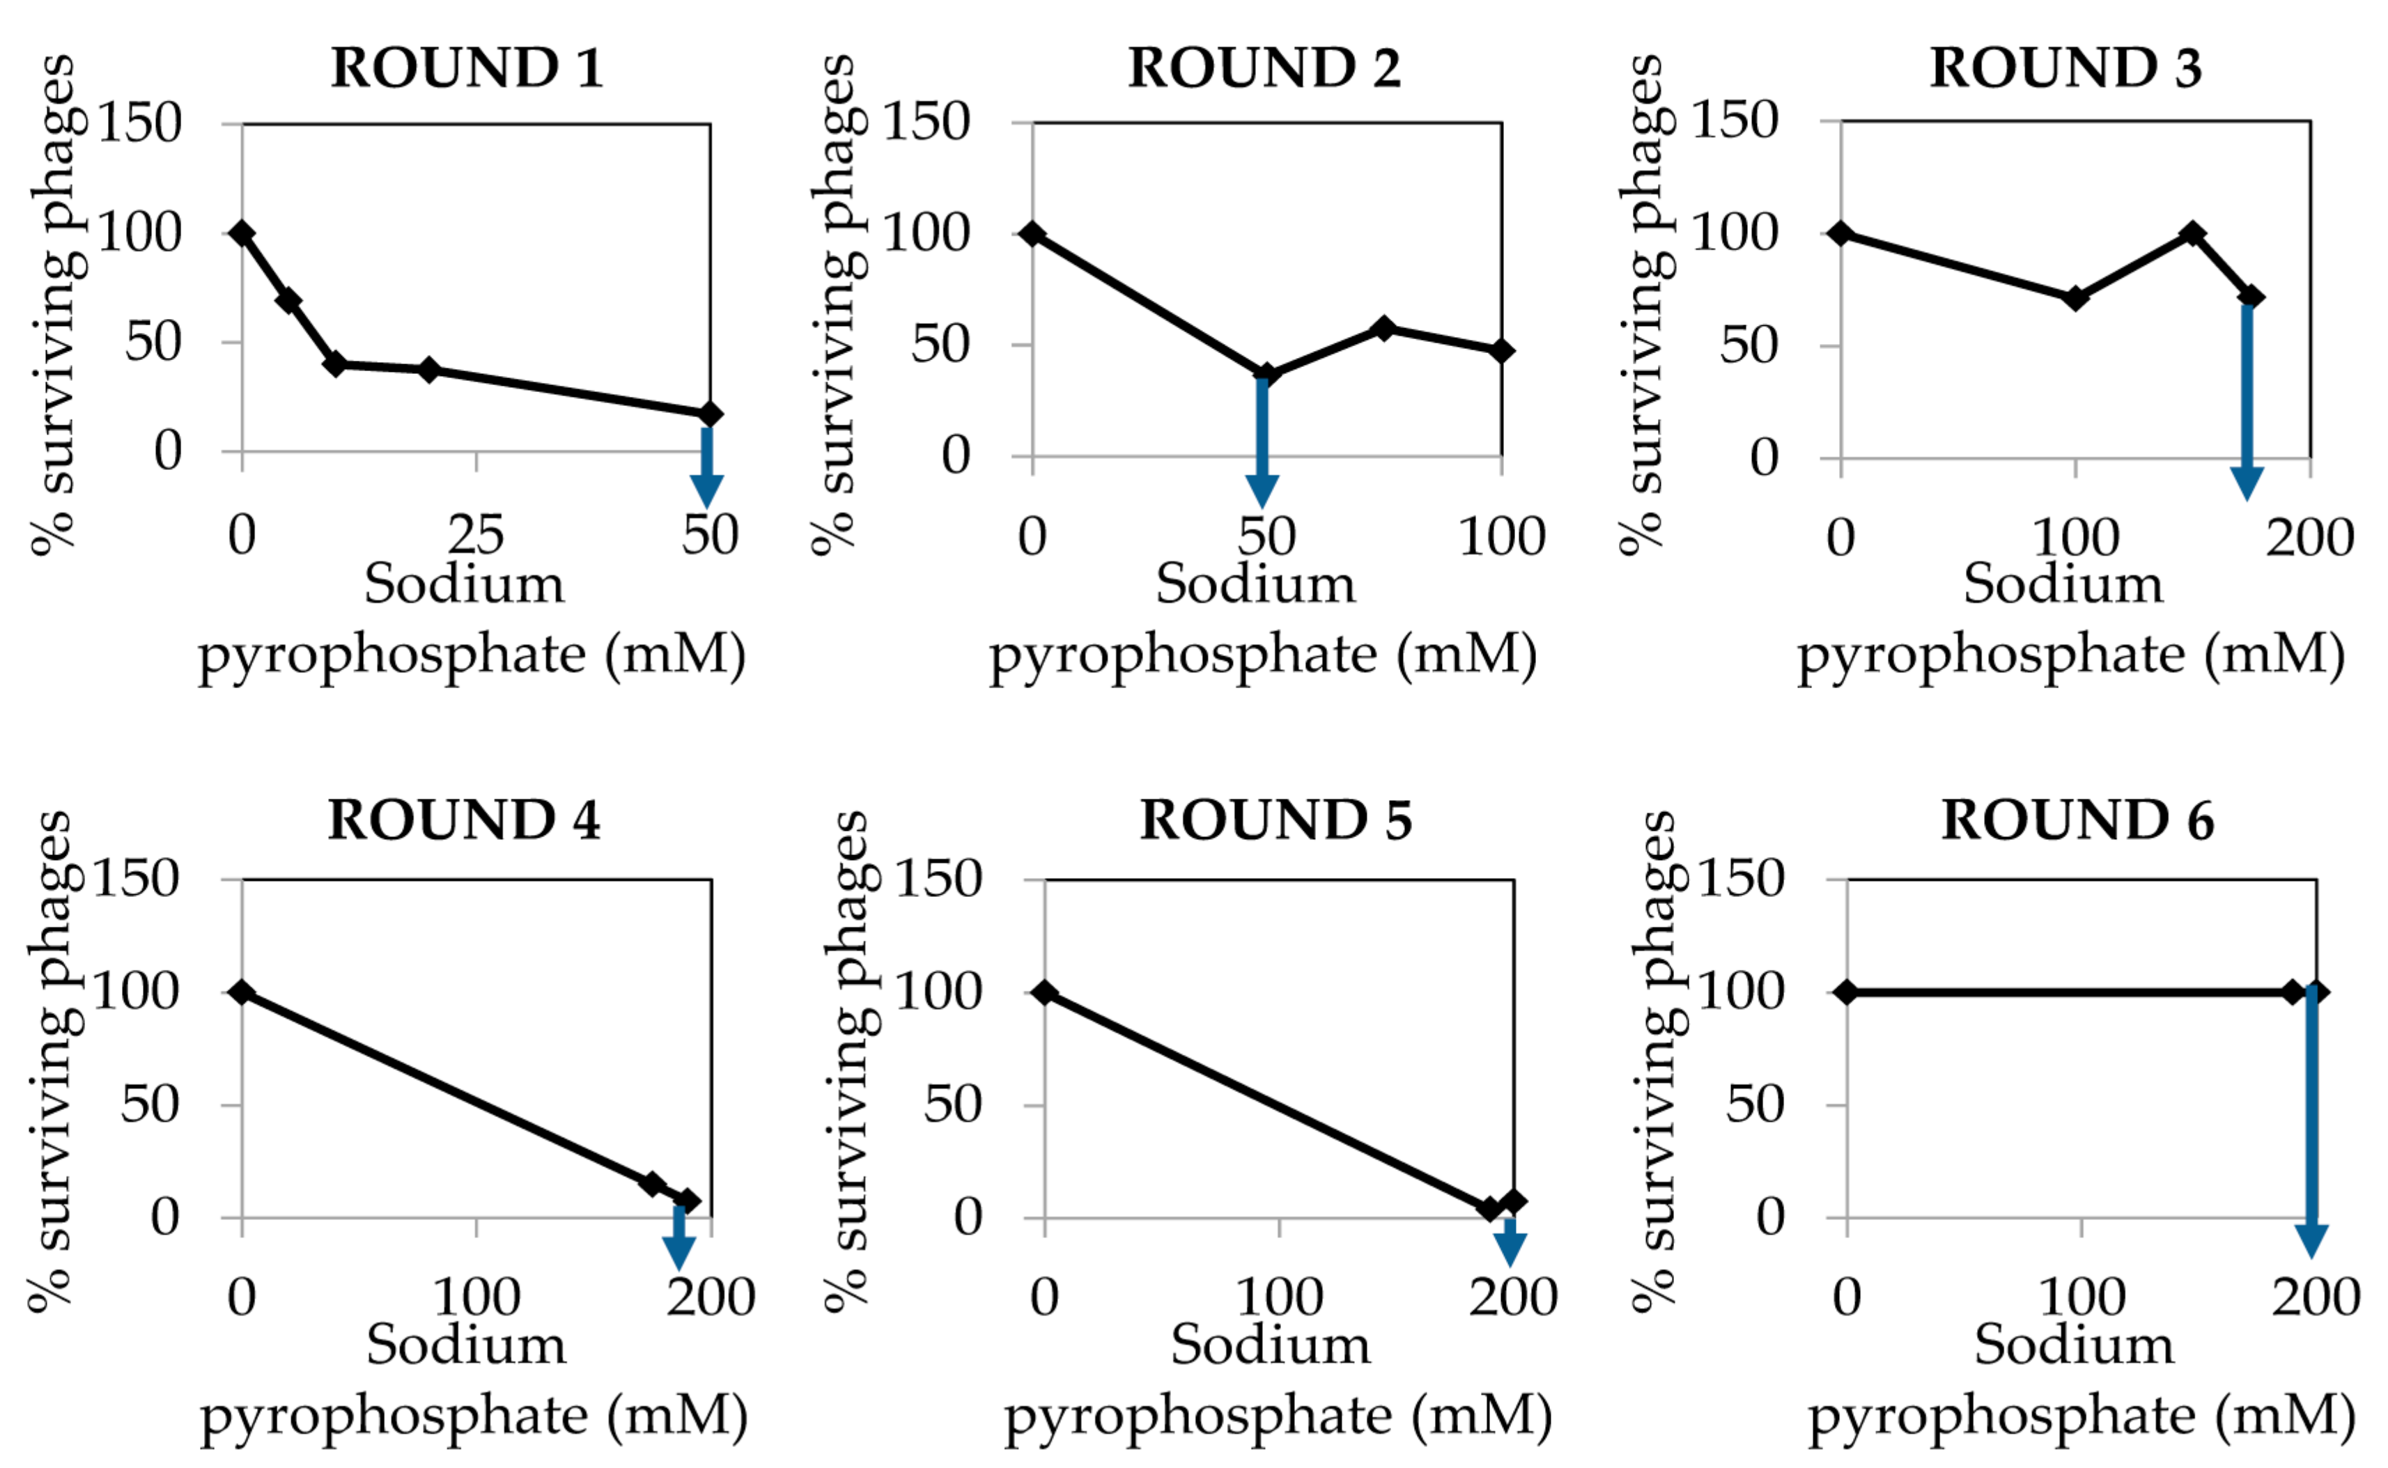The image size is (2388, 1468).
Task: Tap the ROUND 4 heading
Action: click(463, 820)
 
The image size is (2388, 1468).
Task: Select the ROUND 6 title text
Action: click(2077, 820)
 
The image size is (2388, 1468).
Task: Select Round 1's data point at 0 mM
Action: click(243, 233)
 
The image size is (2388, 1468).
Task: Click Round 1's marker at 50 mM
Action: click(710, 414)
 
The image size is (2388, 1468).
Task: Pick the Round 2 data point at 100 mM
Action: click(1501, 350)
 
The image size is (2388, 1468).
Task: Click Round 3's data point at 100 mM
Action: click(2075, 298)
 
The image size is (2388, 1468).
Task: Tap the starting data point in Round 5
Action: click(1045, 992)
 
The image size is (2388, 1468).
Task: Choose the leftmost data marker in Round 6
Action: click(1847, 992)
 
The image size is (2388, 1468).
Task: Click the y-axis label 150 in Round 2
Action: click(926, 123)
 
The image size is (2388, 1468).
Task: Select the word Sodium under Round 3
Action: click(2063, 584)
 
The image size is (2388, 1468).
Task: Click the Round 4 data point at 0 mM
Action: click(243, 992)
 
